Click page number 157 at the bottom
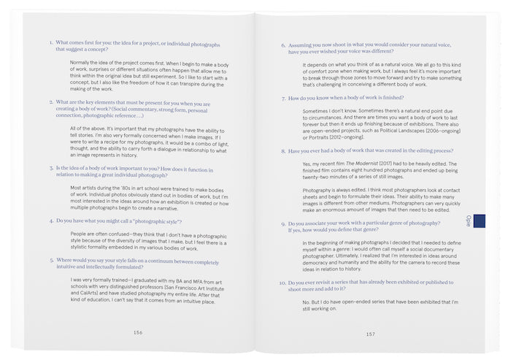(x=371, y=334)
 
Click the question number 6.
(x=283, y=45)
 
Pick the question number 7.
(x=283, y=98)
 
